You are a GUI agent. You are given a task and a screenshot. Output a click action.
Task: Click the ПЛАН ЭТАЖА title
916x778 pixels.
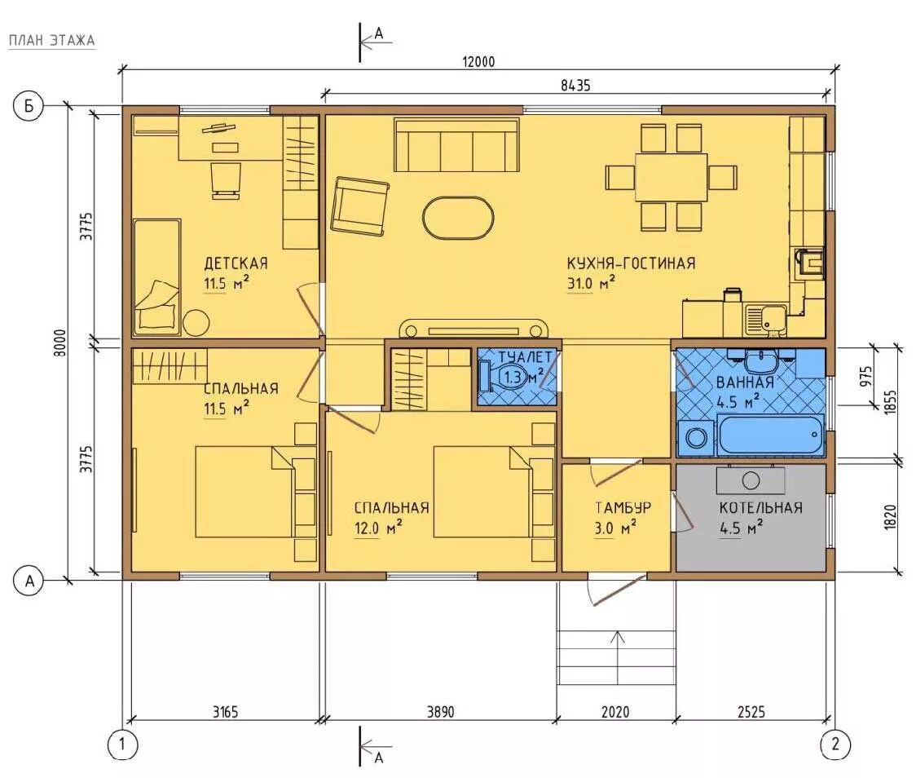pos(51,40)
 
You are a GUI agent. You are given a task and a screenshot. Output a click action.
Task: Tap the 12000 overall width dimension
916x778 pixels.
pos(478,61)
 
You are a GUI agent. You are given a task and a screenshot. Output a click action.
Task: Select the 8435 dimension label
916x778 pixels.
pos(575,86)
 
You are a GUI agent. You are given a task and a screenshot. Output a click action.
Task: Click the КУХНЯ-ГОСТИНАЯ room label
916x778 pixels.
pos(632,263)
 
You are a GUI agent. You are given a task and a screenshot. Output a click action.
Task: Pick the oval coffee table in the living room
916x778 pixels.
pos(458,218)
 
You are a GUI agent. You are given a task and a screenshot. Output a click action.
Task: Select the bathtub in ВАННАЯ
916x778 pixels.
pos(771,435)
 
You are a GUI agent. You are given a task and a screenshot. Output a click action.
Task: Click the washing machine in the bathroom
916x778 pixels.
pos(696,437)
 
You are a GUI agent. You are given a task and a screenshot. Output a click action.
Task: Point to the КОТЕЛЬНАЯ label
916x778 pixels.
pos(760,507)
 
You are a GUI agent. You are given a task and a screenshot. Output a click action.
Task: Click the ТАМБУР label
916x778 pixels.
pos(623,507)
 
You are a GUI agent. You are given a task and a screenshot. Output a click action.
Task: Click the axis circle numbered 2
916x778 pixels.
pos(835,744)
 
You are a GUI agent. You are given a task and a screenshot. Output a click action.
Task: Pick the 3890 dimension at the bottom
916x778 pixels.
pos(440,711)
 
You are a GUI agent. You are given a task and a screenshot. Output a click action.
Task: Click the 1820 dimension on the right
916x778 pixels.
pos(890,517)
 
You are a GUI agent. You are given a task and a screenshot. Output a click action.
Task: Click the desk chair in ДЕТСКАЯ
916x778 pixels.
pos(225,180)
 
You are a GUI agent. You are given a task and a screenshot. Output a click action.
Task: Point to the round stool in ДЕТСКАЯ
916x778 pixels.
pos(197,323)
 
